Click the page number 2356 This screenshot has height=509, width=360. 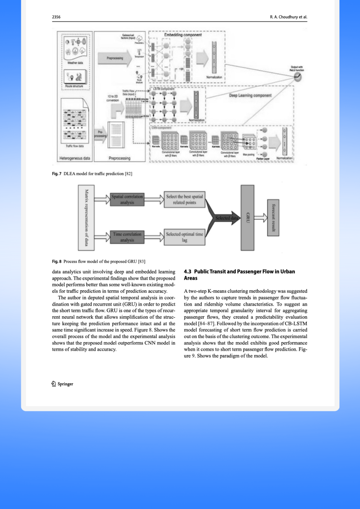pyautogui.click(x=56, y=17)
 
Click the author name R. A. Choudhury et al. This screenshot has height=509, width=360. pyautogui.click(x=288, y=17)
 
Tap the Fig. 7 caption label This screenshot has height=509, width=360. pyautogui.click(x=57, y=174)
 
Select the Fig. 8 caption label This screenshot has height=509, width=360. pyautogui.click(x=57, y=261)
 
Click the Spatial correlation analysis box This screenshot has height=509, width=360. pyautogui.click(x=127, y=199)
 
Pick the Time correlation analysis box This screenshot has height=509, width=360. pyautogui.click(x=127, y=237)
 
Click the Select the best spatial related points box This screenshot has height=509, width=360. pyautogui.click(x=185, y=199)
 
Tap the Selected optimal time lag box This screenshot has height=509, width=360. pyautogui.click(x=185, y=237)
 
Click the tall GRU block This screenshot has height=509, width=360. pyautogui.click(x=247, y=218)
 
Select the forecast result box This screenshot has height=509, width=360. pyautogui.click(x=273, y=218)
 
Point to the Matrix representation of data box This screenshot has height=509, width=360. pyautogui.click(x=86, y=218)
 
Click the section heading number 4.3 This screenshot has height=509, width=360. pyautogui.click(x=188, y=271)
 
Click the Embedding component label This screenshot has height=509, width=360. pyautogui.click(x=183, y=35)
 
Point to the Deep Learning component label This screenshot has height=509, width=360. pyautogui.click(x=250, y=96)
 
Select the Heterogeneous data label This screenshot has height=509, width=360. pyautogui.click(x=75, y=158)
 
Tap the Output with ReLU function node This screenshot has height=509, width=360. pyautogui.click(x=298, y=77)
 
